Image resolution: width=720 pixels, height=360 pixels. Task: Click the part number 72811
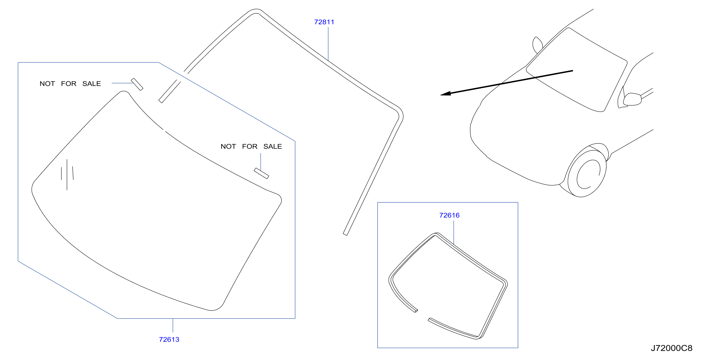(324, 22)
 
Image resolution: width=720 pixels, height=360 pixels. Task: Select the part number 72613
(169, 340)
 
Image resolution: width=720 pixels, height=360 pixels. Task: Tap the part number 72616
(449, 215)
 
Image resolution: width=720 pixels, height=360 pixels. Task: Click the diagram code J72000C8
(672, 348)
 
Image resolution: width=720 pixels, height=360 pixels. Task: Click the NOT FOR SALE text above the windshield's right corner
(251, 147)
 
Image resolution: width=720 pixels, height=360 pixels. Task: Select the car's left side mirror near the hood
(537, 45)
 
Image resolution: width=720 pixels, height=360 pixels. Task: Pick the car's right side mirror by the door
(632, 99)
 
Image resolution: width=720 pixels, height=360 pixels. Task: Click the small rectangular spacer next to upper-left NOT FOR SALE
(137, 84)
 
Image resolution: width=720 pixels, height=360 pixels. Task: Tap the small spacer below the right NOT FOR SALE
(261, 173)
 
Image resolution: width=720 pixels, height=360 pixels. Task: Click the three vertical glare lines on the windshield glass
(67, 175)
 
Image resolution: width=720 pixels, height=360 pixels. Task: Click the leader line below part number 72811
(328, 44)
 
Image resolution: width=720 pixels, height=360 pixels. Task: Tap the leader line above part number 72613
(173, 325)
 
